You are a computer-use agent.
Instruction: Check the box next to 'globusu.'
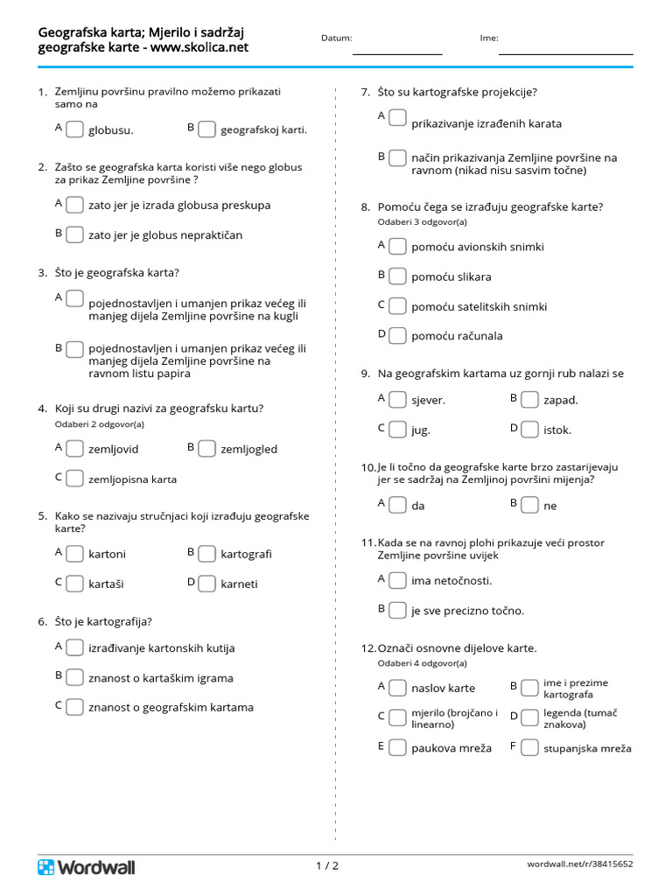(74, 129)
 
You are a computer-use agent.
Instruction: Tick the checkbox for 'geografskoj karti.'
(206, 129)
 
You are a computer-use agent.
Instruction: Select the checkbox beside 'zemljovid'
(74, 449)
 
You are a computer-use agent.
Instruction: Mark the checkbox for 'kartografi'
(206, 554)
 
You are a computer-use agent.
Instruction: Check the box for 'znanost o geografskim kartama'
(74, 706)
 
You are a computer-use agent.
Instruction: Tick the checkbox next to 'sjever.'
(397, 400)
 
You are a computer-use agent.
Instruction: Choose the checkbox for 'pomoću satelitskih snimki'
(397, 306)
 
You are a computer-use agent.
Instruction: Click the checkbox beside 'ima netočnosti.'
(397, 580)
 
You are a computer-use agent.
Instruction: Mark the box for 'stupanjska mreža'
(529, 748)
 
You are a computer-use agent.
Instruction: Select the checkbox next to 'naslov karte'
(397, 688)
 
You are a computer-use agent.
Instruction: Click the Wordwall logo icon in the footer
(45, 867)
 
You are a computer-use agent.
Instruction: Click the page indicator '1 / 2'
(327, 866)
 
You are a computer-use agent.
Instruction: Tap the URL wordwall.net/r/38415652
(579, 864)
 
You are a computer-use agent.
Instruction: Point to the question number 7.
(366, 92)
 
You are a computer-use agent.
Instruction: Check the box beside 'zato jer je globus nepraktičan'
(74, 234)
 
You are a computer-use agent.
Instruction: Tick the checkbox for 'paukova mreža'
(397, 748)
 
